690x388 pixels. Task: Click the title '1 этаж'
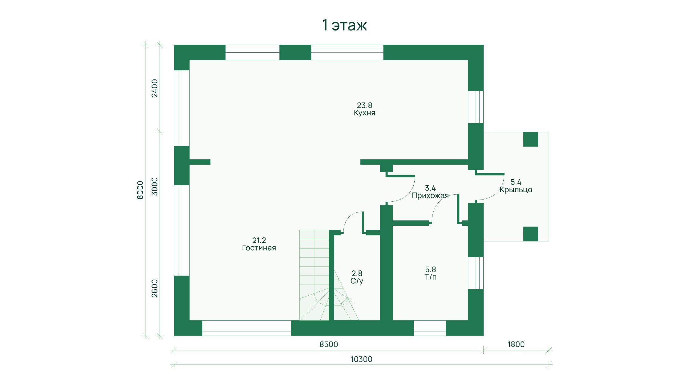344,25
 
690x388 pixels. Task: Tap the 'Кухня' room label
364,113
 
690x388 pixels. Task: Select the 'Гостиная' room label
259,248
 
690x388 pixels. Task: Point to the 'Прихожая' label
430,196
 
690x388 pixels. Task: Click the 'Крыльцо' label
516,190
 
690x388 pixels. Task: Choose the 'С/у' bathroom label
357,281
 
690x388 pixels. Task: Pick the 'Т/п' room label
430,277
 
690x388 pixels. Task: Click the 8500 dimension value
329,344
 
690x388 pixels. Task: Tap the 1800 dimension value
516,344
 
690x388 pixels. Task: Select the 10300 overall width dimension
361,359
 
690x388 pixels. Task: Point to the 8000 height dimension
140,190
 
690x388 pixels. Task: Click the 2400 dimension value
155,88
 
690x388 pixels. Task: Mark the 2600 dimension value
155,289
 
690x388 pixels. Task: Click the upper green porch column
531,139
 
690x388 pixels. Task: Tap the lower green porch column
531,234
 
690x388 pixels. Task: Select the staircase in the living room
314,275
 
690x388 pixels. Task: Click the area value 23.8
364,105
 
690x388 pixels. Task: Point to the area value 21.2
259,240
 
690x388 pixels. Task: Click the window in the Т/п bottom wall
429,328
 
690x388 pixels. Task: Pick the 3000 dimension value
155,186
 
